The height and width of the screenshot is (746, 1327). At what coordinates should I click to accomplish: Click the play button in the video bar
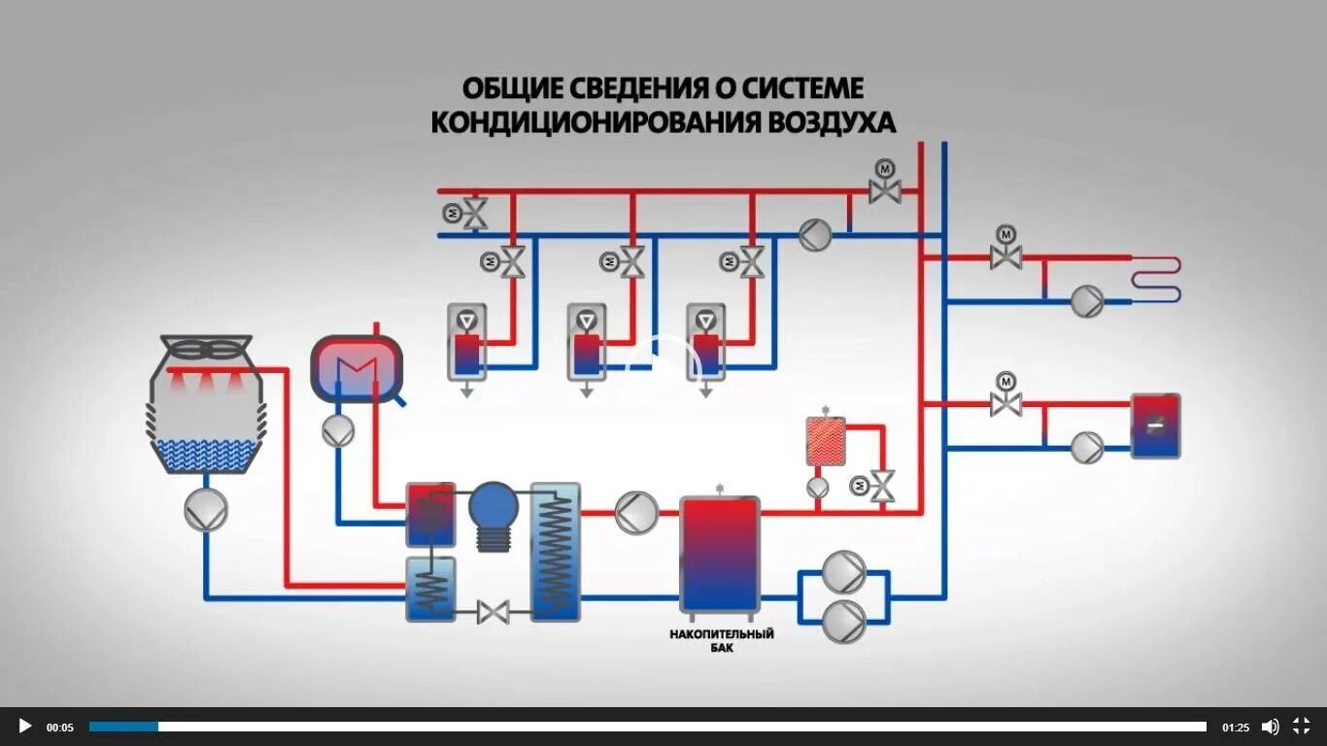pos(25,726)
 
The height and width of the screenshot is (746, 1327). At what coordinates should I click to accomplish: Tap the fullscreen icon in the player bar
pos(1301,726)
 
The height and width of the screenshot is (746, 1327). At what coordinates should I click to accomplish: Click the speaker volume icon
pos(1270,726)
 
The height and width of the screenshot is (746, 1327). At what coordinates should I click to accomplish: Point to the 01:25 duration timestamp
pos(1236,727)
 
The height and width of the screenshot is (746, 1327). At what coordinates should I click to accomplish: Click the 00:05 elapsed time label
pos(60,727)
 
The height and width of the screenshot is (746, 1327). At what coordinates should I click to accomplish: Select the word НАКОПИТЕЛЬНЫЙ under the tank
pos(721,634)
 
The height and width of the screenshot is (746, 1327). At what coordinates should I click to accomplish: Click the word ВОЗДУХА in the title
pos(833,123)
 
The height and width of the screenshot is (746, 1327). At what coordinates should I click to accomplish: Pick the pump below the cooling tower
pos(206,509)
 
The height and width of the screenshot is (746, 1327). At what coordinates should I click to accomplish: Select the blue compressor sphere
pos(493,506)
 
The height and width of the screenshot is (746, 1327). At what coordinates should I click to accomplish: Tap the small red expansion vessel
pos(826,441)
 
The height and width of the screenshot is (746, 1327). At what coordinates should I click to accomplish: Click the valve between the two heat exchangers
pos(493,612)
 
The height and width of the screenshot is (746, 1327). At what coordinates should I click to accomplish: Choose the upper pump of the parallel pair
pos(843,572)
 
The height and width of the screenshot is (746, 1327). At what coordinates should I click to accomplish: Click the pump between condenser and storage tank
pos(637,512)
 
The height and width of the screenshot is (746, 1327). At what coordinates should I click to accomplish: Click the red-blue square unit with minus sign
pos(1155,425)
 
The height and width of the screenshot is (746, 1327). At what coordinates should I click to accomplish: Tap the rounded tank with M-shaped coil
pos(356,367)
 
